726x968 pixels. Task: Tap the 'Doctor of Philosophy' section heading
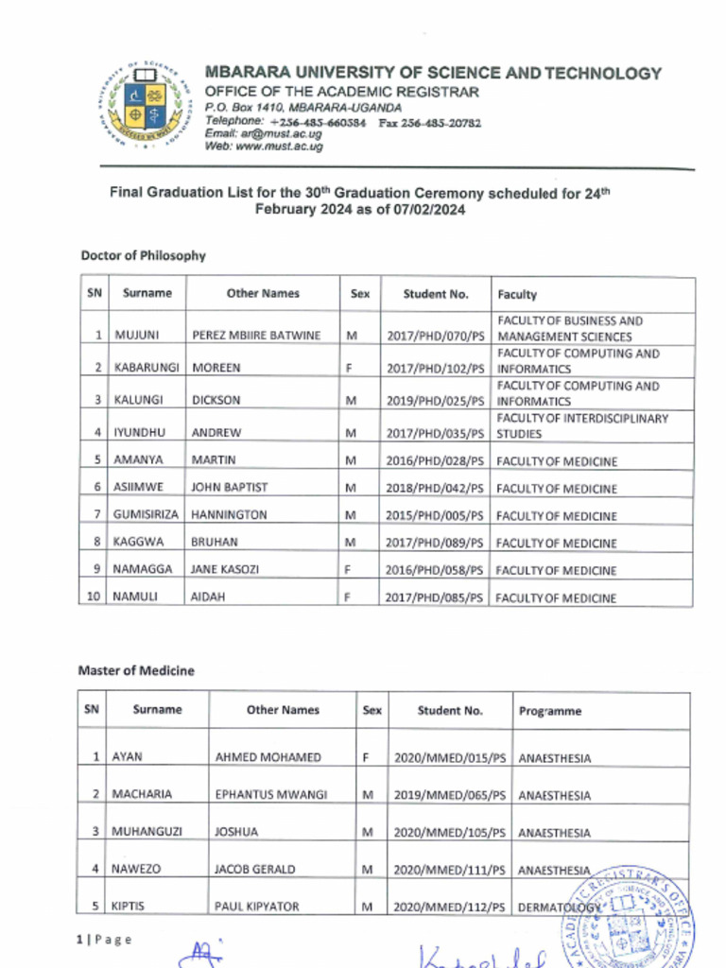143,255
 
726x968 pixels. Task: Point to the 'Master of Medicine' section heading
136,670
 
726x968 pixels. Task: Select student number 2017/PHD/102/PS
435,368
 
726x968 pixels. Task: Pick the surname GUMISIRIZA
147,515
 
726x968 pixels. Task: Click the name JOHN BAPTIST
230,488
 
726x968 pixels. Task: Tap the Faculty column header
517,294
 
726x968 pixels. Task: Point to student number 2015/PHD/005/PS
435,515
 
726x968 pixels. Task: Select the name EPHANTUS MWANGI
271,795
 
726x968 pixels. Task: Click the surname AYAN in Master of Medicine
128,757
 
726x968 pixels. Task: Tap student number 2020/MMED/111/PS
450,869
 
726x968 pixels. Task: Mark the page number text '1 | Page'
104,939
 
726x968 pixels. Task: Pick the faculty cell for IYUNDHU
583,426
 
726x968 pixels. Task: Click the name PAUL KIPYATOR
257,907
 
